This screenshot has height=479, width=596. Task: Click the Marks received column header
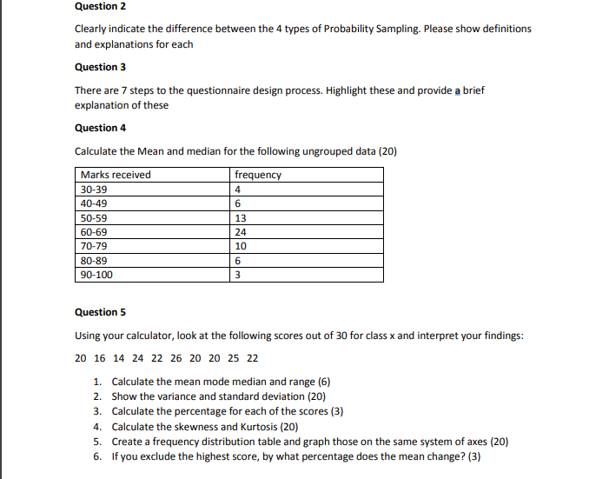[x=115, y=175]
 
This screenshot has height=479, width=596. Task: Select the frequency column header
[x=258, y=175]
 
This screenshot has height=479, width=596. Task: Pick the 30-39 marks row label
[x=94, y=190]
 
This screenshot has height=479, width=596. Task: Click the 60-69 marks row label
[x=94, y=232]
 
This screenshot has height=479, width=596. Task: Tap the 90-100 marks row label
[x=96, y=275]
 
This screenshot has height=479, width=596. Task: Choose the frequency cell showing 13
[x=241, y=218]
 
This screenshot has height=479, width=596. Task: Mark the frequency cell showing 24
[x=241, y=232]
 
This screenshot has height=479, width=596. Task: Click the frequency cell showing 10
[x=241, y=246]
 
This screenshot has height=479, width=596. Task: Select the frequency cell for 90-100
[x=238, y=275]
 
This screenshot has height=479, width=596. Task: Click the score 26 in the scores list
[x=176, y=358]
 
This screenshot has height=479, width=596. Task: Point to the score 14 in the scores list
[x=117, y=358]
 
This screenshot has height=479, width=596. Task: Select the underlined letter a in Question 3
[x=456, y=90]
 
